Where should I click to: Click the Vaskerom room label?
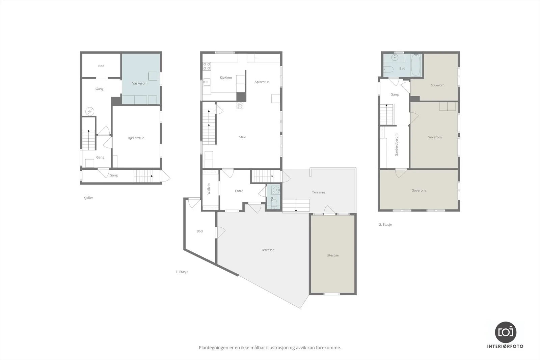[140, 83]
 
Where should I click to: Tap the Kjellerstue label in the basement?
[136, 138]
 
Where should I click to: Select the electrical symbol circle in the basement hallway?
[90, 111]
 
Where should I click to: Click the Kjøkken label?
[226, 78]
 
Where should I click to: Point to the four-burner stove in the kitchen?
[207, 66]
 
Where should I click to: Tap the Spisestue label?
[262, 82]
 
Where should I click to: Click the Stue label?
[243, 137]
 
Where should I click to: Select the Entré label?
[239, 191]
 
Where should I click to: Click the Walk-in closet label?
[209, 189]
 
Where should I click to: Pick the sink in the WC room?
[276, 190]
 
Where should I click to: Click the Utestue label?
[333, 255]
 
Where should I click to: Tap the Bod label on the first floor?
[199, 231]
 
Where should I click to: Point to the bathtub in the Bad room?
[416, 64]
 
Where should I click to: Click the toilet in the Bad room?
[388, 70]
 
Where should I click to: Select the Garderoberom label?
[396, 145]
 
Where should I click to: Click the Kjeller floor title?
[88, 198]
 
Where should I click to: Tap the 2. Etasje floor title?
[385, 225]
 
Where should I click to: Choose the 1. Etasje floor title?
[182, 272]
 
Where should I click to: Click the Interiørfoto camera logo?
[506, 332]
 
